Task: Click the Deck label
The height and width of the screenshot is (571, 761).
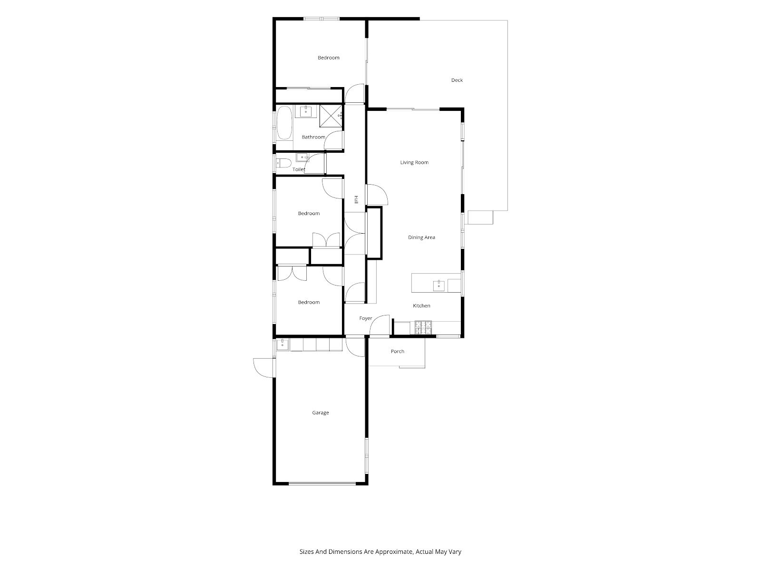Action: (x=457, y=80)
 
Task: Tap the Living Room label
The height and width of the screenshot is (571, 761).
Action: (x=414, y=162)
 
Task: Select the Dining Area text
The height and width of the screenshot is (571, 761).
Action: (x=421, y=237)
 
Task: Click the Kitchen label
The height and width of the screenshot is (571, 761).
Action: (x=421, y=305)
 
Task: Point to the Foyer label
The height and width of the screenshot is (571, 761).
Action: (x=365, y=318)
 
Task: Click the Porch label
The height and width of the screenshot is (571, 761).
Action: (x=397, y=351)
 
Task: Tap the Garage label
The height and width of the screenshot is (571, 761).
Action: (x=321, y=413)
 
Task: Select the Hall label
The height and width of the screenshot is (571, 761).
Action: (x=356, y=199)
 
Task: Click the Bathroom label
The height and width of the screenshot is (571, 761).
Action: (x=313, y=137)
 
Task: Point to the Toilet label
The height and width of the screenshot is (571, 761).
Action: (x=299, y=169)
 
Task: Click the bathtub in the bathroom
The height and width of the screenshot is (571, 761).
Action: (x=285, y=123)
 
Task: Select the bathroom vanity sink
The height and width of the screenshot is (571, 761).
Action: (x=306, y=112)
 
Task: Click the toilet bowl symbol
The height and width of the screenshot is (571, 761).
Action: (x=283, y=163)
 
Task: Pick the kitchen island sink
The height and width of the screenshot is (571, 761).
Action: (x=439, y=286)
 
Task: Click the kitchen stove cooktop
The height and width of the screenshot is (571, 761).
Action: (x=423, y=328)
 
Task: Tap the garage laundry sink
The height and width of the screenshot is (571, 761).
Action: (x=283, y=345)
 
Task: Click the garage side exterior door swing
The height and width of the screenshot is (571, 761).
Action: (x=264, y=368)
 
